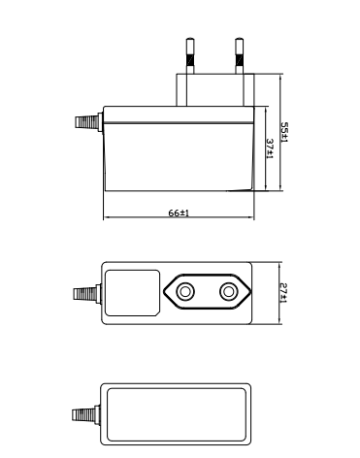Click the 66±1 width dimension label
click(179, 213)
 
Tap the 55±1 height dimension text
click(284, 132)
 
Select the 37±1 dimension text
click(270, 148)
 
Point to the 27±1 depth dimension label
click(283, 293)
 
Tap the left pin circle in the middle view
click(185, 292)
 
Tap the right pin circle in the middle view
click(229, 292)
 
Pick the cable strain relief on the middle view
click(87, 294)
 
